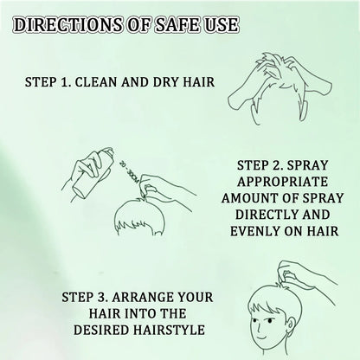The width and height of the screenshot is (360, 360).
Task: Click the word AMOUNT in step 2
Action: (x=257, y=201)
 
